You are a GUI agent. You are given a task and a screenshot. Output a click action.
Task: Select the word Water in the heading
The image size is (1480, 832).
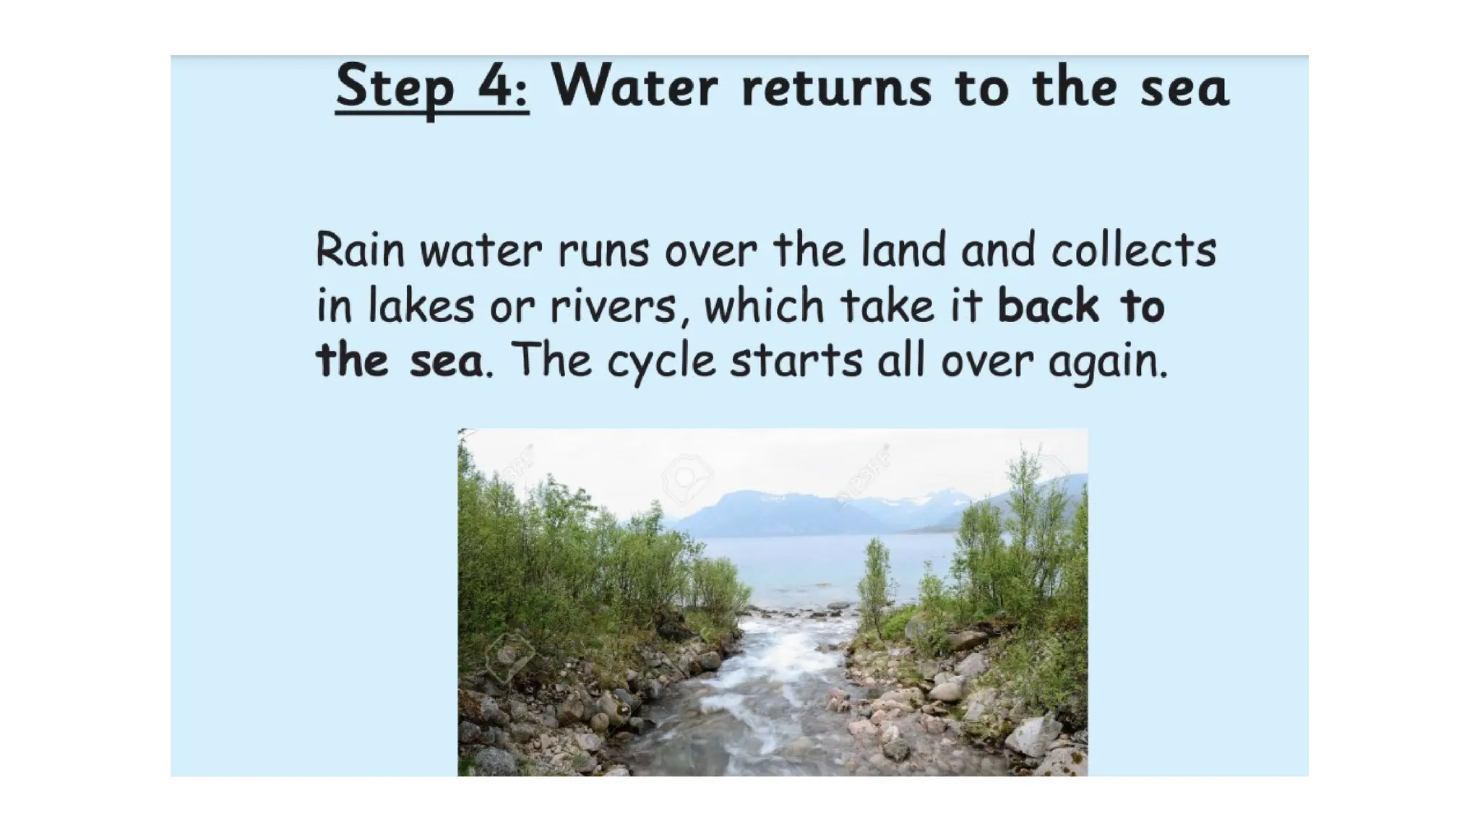click(x=635, y=87)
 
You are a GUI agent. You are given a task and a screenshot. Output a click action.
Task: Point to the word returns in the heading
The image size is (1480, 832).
click(x=836, y=88)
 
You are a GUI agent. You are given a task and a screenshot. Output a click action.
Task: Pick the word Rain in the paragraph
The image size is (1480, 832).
click(x=359, y=250)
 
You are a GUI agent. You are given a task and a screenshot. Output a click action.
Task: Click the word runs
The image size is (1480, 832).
click(x=603, y=251)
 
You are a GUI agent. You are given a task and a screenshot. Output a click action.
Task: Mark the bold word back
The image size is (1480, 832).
click(x=1048, y=305)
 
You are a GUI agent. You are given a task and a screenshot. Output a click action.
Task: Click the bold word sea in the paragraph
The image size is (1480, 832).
click(x=446, y=361)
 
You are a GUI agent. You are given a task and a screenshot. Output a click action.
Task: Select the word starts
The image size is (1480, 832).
click(x=796, y=361)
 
